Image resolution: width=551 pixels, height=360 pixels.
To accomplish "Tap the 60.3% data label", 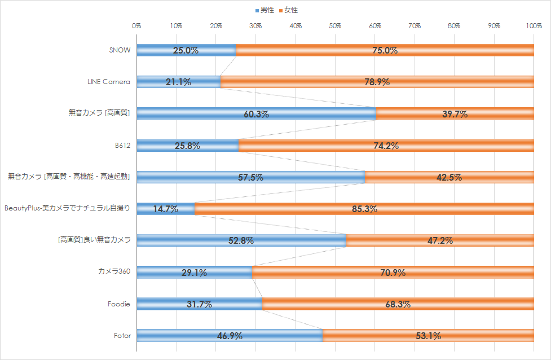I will [x=256, y=114].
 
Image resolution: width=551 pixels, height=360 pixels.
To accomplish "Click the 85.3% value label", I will [x=364, y=209].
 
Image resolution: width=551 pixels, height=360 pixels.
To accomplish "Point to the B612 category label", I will [x=122, y=146].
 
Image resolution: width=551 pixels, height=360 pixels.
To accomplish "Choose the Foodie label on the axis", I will [x=119, y=304].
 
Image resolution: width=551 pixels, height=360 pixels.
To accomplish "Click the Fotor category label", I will [x=122, y=336].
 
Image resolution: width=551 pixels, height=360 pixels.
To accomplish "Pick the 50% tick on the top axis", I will [x=335, y=26].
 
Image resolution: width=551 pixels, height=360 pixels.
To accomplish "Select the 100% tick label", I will [x=534, y=26].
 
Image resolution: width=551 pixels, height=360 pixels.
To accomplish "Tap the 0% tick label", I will [x=136, y=26].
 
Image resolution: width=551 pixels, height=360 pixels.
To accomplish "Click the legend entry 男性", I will [x=265, y=10].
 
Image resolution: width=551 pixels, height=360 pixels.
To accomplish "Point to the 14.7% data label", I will [x=165, y=209].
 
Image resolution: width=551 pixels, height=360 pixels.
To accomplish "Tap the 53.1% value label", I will [x=428, y=336].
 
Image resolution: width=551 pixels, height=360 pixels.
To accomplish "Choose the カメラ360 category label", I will [x=114, y=273].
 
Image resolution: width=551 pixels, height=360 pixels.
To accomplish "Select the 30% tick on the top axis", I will [x=255, y=26].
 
